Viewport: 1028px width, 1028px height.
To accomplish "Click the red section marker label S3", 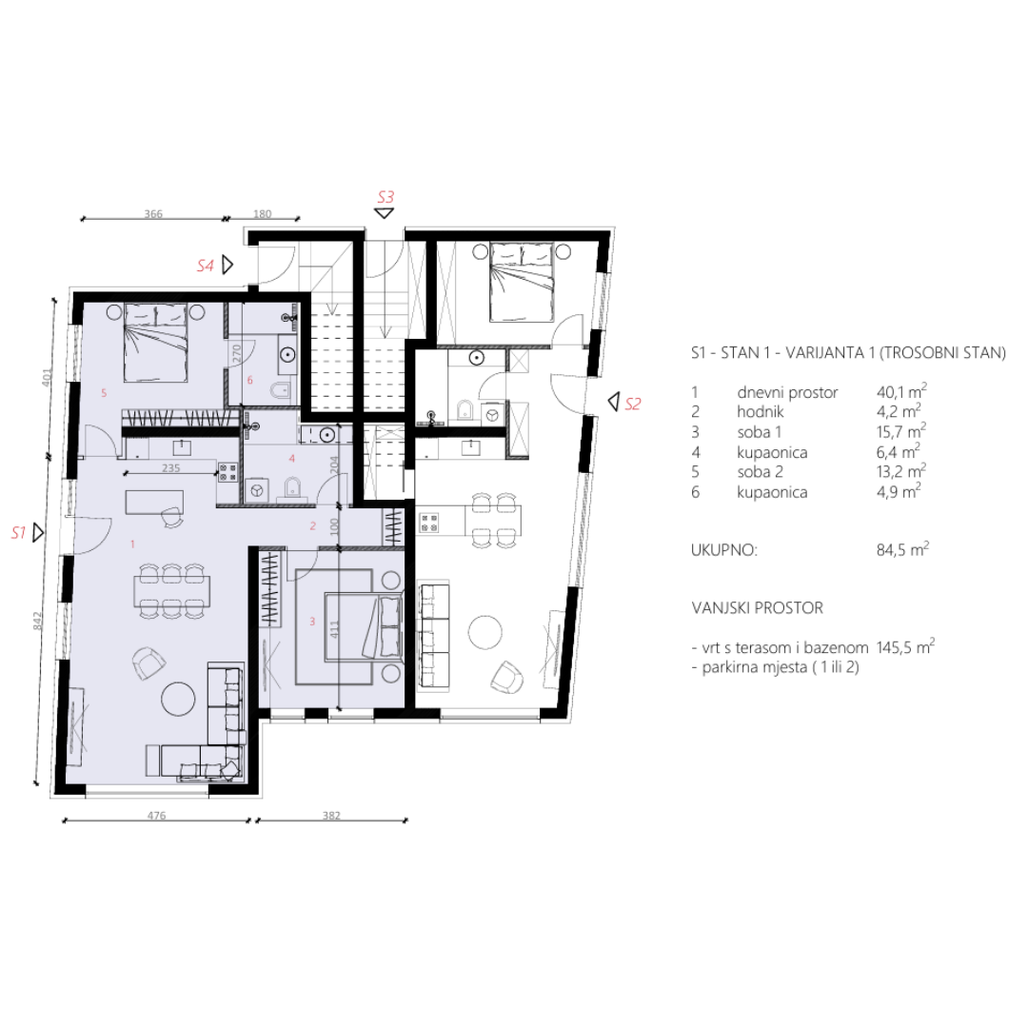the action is coord(385,197).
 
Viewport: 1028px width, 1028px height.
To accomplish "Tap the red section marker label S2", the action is coord(633,404).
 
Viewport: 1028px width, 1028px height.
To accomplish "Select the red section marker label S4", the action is coord(206,266).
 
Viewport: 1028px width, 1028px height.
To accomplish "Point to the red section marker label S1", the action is coord(18,532).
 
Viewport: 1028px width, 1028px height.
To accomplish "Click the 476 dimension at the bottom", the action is coord(156,816).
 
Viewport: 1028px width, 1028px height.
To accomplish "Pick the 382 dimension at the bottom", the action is coord(331,816).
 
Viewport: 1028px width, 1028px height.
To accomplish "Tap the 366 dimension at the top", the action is coord(152,214).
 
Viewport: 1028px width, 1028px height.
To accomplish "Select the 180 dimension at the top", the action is coord(263,214).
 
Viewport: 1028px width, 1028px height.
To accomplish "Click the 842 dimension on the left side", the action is coord(37,621).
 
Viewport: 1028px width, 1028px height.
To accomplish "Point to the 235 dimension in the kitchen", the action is coord(170,468).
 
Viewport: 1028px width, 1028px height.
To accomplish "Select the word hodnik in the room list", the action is coord(761,412).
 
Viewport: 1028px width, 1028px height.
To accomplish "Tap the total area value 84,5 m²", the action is coord(902,549).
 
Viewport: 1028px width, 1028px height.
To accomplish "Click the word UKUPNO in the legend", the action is coord(723,549).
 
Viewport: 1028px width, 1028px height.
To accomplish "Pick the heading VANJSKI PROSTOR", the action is coord(758,607).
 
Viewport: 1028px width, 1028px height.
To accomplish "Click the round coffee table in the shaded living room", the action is coord(178,700).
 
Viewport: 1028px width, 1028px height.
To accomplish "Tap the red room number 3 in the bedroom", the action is coord(312,621).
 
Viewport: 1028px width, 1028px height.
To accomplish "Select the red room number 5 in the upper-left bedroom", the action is coord(104,393).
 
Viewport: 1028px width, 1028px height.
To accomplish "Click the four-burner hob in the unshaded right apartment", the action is coord(428,523).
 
